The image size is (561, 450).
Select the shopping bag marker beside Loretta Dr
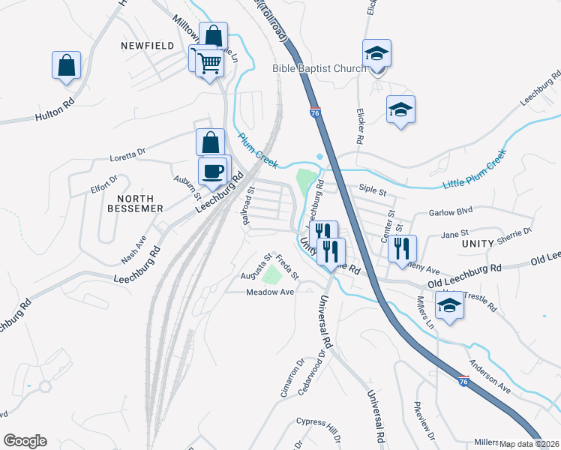[x=211, y=142]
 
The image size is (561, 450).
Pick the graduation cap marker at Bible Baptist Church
[x=376, y=54]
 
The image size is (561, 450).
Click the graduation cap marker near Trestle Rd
[x=449, y=306]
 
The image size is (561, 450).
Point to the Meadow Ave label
[x=270, y=292]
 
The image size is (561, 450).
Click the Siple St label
[x=372, y=192]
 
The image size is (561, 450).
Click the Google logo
[x=24, y=441]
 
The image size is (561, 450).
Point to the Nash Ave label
[x=133, y=251]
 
